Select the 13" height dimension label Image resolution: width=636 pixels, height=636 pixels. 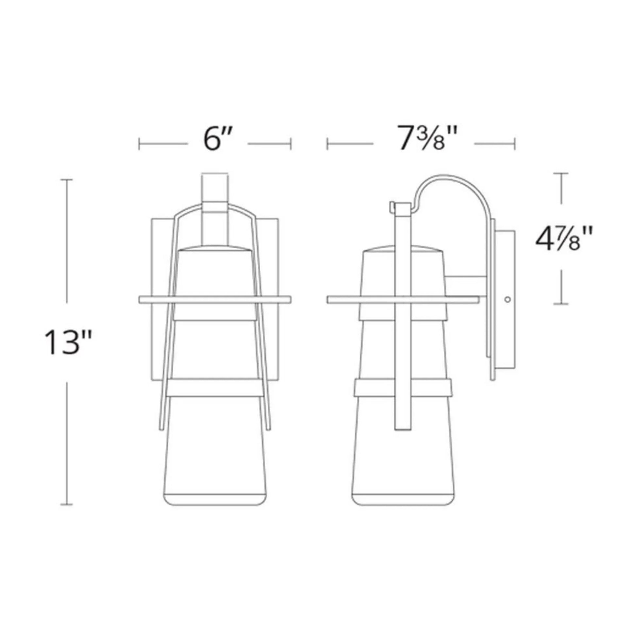[x=68, y=343]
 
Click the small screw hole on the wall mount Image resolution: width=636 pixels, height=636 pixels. [x=507, y=299]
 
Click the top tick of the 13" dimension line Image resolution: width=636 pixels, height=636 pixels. [x=67, y=180]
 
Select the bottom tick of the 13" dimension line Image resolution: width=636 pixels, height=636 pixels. [x=67, y=504]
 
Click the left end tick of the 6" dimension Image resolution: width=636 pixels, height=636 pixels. [x=139, y=144]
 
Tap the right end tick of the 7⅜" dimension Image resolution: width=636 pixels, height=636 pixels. [x=514, y=144]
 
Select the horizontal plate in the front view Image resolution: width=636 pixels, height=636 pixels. [x=215, y=300]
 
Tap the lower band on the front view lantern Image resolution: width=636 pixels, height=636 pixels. [x=215, y=388]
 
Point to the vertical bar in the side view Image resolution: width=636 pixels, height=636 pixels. [x=403, y=329]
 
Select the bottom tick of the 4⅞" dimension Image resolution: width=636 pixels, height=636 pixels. [x=561, y=304]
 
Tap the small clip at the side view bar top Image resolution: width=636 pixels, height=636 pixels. [x=392, y=207]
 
